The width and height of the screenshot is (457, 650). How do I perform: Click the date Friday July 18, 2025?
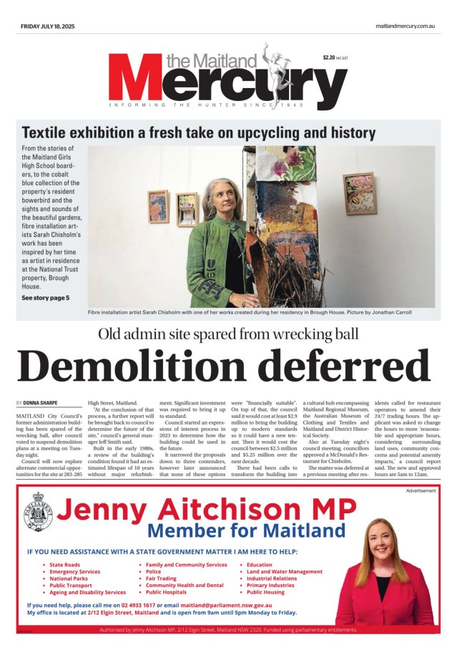[x=47, y=26]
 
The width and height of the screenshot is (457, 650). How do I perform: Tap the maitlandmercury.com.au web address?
[x=406, y=26]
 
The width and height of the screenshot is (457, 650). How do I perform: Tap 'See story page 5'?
[x=46, y=297]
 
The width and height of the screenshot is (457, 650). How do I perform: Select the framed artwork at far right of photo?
[x=359, y=193]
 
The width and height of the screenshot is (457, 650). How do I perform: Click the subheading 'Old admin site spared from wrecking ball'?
[x=228, y=333]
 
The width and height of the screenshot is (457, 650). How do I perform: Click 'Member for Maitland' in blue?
[x=246, y=531]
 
